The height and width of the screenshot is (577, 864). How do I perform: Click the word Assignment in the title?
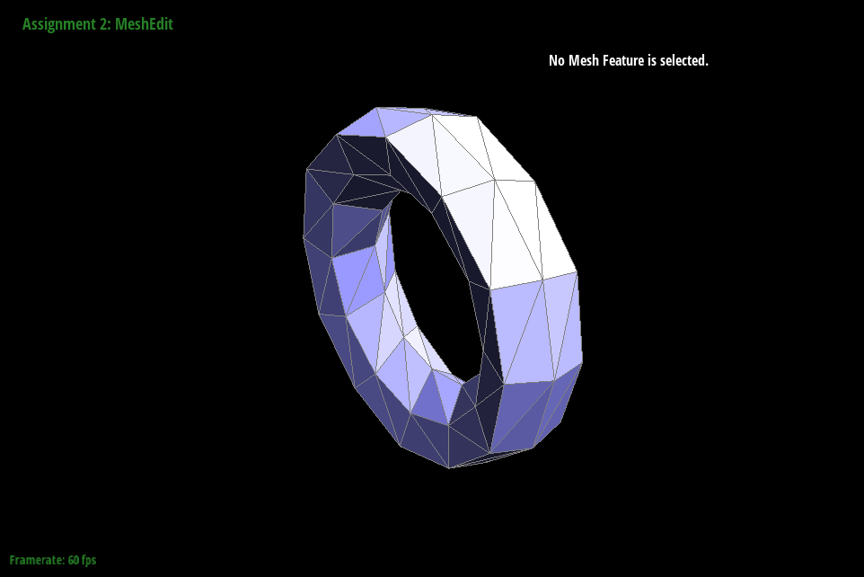pyautogui.click(x=57, y=25)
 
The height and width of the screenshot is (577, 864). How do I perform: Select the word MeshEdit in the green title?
pyautogui.click(x=144, y=24)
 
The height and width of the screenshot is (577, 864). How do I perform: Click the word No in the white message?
pyautogui.click(x=557, y=60)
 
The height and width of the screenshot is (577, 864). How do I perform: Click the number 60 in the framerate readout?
pyautogui.click(x=74, y=560)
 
